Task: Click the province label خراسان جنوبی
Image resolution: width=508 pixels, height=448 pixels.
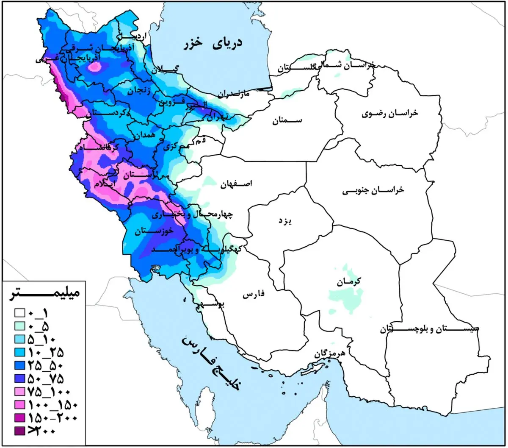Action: [x=373, y=191]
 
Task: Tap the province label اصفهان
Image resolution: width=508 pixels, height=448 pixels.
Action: [x=236, y=184]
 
